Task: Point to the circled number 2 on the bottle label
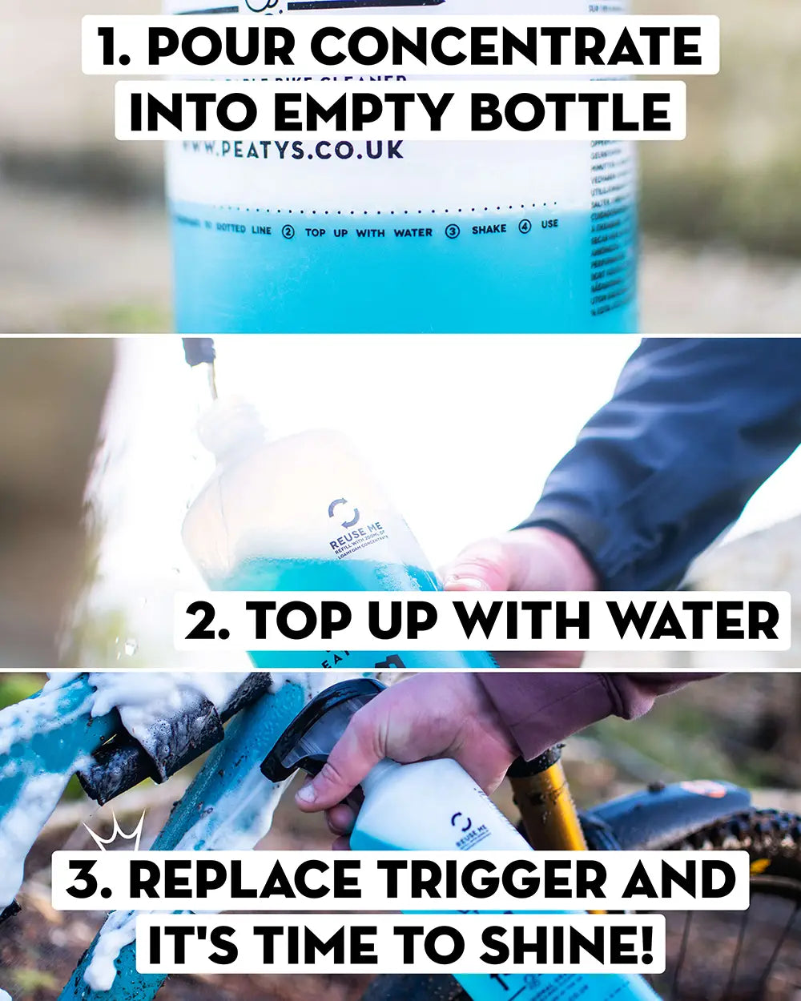288,231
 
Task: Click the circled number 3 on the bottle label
453,231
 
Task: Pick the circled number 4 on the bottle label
525,227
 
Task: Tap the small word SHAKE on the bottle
489,229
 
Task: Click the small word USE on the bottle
549,224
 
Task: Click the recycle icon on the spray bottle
461,823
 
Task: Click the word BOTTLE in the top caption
570,112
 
